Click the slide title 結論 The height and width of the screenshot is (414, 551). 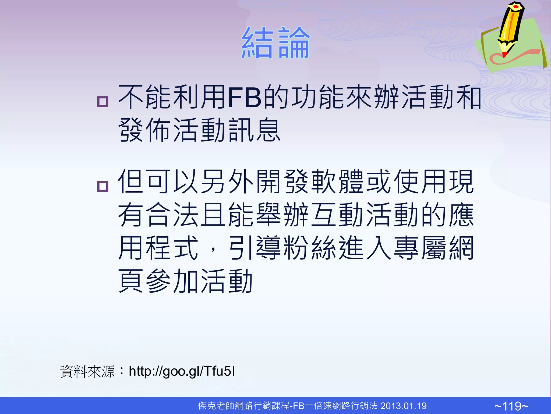(x=275, y=43)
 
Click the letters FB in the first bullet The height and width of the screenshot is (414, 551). (x=244, y=97)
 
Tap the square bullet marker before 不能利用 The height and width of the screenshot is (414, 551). (x=103, y=102)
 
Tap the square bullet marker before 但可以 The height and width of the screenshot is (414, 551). (x=103, y=186)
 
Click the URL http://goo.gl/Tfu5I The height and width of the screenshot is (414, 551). (x=182, y=371)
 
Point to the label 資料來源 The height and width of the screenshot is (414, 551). (x=87, y=372)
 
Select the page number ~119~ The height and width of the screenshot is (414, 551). (x=511, y=406)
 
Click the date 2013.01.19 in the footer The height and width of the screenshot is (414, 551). (x=404, y=406)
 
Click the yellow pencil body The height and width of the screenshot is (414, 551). (x=511, y=24)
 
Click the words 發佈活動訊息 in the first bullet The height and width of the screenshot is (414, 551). (x=199, y=130)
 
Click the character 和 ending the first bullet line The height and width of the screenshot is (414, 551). (x=468, y=97)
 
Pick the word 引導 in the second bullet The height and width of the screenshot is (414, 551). (x=255, y=248)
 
